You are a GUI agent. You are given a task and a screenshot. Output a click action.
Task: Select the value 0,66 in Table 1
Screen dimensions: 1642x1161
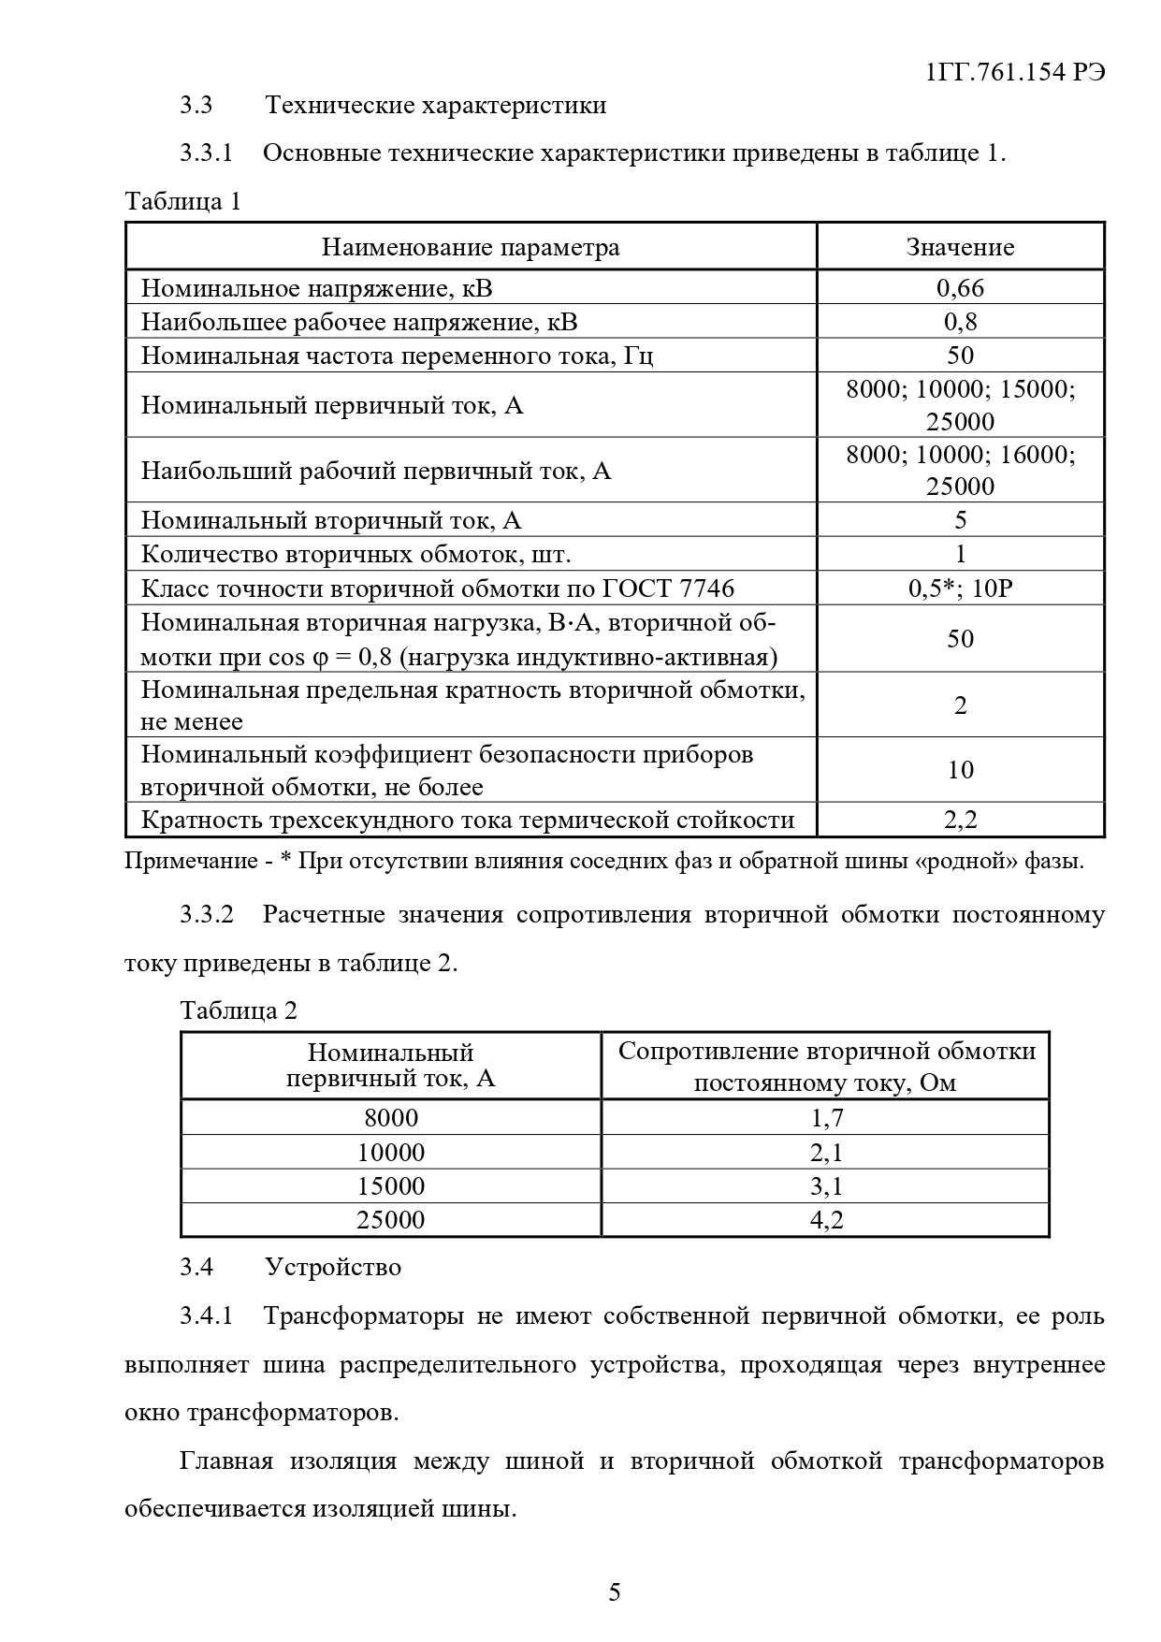(960, 288)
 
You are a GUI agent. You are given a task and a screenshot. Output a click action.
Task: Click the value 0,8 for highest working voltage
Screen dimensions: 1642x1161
(960, 322)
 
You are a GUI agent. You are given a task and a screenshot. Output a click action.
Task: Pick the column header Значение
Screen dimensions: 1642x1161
(960, 247)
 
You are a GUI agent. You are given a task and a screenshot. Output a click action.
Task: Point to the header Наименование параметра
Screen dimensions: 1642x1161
(471, 247)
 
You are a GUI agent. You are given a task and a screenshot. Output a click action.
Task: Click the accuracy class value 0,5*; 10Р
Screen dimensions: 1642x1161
(960, 589)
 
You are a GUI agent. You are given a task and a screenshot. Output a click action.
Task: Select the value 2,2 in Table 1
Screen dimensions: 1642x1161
(960, 820)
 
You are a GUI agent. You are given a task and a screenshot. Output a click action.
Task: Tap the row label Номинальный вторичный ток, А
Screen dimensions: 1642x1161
(331, 520)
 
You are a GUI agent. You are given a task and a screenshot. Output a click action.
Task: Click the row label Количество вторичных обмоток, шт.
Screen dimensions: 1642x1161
(356, 555)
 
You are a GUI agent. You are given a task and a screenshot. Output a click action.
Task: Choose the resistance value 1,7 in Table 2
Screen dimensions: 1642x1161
(826, 1118)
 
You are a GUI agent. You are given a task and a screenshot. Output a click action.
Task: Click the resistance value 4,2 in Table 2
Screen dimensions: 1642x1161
(826, 1220)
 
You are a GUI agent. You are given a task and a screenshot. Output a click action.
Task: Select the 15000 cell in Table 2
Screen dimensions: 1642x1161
(391, 1186)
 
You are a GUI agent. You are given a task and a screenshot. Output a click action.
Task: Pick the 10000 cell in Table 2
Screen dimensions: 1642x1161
(391, 1153)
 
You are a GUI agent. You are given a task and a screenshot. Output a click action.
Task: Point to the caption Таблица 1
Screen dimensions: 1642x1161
(183, 201)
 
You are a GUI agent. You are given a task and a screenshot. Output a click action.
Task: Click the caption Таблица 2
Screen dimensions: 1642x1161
(239, 1010)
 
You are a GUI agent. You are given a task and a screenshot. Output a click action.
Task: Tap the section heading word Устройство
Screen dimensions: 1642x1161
(333, 1267)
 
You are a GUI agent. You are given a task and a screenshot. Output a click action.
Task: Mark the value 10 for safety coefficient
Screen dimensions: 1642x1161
(960, 770)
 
